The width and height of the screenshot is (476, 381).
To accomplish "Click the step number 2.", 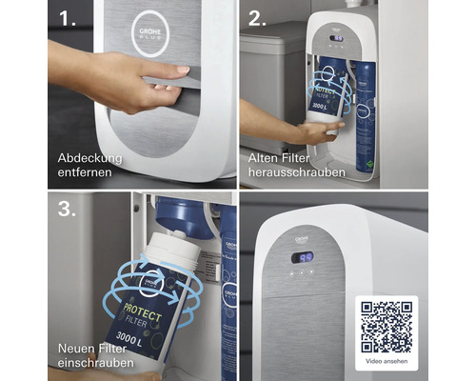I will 256,20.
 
